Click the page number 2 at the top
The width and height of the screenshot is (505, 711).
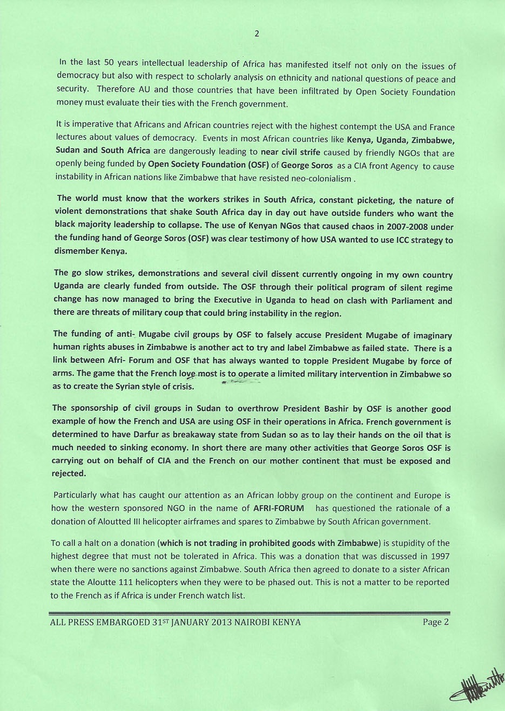click(257, 33)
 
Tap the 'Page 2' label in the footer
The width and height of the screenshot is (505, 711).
click(435, 622)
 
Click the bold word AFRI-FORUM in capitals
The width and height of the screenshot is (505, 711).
click(278, 508)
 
